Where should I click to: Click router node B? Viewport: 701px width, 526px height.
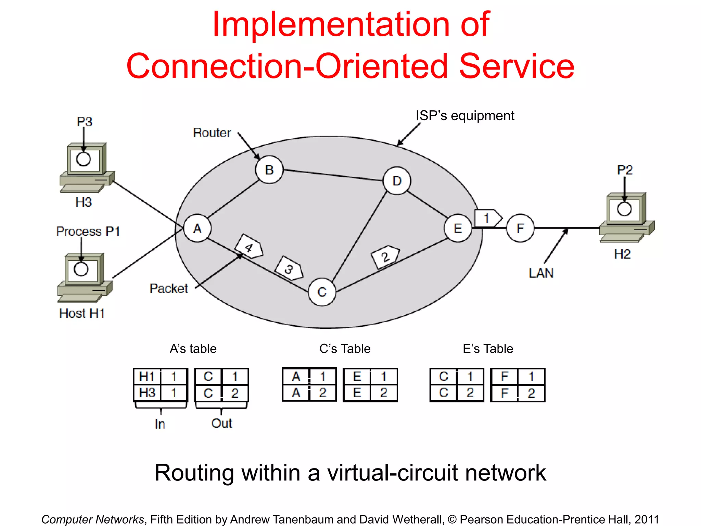[269, 170]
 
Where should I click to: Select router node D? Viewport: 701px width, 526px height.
[397, 181]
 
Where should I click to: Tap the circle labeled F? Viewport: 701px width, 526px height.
[520, 228]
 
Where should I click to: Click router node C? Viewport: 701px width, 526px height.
[322, 292]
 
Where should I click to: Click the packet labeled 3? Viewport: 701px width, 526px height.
[290, 268]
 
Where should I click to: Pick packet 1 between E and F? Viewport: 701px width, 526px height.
[487, 218]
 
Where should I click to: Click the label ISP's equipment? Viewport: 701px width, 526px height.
[464, 116]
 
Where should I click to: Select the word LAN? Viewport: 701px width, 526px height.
[541, 273]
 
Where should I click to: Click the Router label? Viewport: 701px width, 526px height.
[212, 133]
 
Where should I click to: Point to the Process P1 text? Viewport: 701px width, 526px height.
[88, 231]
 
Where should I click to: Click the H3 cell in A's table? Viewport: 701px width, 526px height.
[147, 393]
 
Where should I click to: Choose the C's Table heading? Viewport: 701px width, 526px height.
[345, 349]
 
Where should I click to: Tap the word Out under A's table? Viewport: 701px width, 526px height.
[221, 424]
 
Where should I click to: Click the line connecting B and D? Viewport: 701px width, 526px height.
[333, 175]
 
